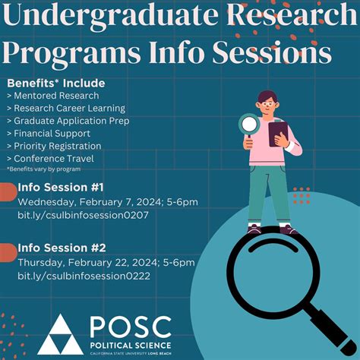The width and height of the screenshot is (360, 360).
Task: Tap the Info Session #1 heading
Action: (60, 188)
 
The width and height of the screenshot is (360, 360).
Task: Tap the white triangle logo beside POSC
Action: (60, 334)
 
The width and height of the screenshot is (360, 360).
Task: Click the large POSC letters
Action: (131, 326)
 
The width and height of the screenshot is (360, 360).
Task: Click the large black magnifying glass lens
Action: (270, 267)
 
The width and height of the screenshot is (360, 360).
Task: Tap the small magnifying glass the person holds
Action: (248, 122)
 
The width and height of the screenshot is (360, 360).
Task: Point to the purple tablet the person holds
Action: (279, 134)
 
